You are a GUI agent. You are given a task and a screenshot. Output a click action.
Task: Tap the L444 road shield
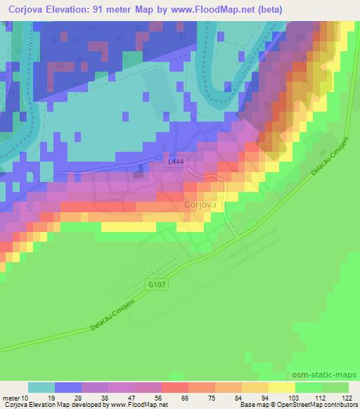point(176,162)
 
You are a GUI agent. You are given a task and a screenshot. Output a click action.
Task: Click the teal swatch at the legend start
point(41,387)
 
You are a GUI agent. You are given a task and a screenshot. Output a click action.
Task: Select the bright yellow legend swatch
point(282,387)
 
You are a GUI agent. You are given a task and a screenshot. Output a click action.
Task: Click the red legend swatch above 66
point(175,387)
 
